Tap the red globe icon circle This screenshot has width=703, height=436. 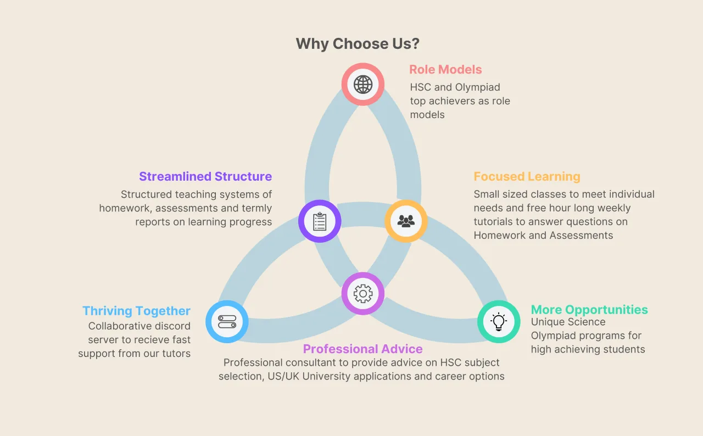tap(363, 85)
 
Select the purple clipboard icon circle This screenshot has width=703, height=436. tap(320, 221)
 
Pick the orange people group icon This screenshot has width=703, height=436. tap(406, 221)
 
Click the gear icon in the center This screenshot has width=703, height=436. tap(363, 293)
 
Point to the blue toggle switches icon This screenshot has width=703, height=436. tap(227, 322)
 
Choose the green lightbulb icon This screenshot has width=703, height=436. tap(499, 322)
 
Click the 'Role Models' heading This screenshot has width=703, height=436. tap(445, 70)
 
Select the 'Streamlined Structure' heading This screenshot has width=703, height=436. tap(205, 176)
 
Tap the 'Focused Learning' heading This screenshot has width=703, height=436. tap(527, 176)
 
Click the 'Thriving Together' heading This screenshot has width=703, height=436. tap(136, 311)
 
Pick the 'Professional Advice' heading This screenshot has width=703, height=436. tap(363, 349)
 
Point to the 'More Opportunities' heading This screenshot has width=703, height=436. tap(589, 310)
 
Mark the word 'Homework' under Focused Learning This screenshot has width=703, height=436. tap(500, 236)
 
